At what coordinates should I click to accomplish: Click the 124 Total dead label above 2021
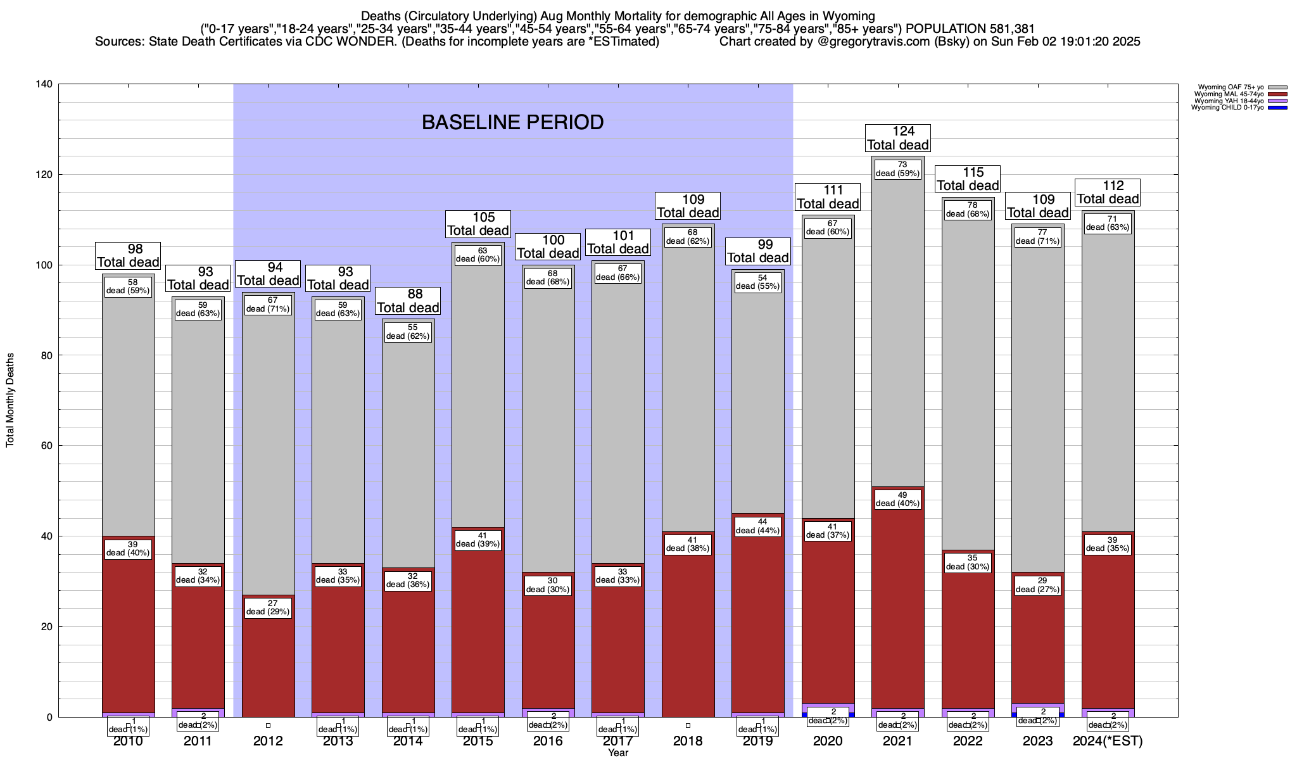coord(898,138)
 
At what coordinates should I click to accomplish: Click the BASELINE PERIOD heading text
coord(512,122)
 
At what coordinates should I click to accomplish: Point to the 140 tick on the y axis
coord(46,84)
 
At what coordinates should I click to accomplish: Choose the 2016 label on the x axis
coord(548,741)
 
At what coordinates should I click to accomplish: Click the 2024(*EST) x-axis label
coord(1108,741)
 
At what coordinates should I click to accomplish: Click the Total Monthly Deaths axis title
coord(10,400)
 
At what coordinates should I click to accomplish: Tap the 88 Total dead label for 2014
coord(408,301)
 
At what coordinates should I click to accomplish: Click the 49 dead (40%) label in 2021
coord(897,499)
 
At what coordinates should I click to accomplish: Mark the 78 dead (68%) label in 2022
coord(967,210)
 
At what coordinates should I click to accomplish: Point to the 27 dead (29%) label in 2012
coord(268,607)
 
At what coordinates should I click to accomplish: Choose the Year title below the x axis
coord(617,753)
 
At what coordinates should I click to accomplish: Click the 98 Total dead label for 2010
coord(128,256)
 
